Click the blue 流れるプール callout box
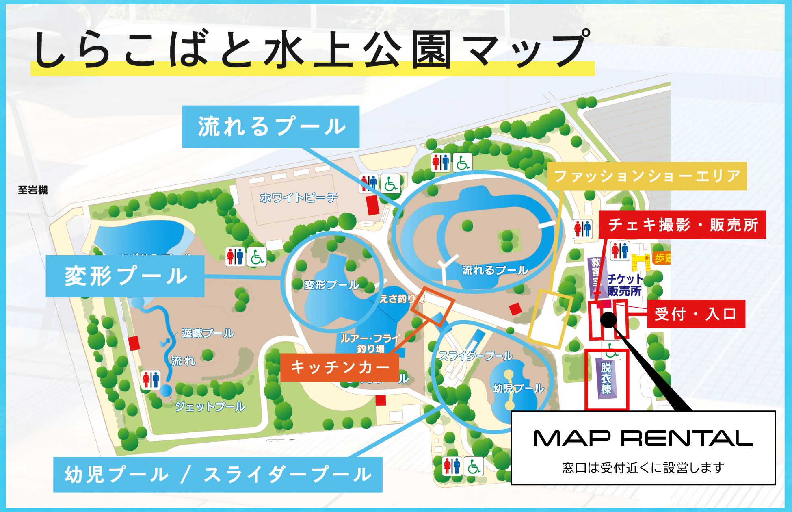click(270, 126)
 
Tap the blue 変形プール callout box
click(125, 276)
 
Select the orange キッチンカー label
click(340, 367)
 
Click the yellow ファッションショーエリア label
click(647, 176)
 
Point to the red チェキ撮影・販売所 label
click(682, 225)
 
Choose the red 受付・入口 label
click(696, 314)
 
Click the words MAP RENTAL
click(643, 438)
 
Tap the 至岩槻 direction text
click(32, 190)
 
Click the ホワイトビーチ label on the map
click(299, 198)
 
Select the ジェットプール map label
click(210, 406)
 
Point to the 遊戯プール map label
click(208, 333)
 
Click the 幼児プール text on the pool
click(518, 388)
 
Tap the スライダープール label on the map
click(476, 356)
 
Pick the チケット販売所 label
click(625, 285)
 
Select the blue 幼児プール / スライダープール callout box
click(218, 475)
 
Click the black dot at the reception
click(608, 320)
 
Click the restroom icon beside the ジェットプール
click(151, 380)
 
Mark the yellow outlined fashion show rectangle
click(550, 319)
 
